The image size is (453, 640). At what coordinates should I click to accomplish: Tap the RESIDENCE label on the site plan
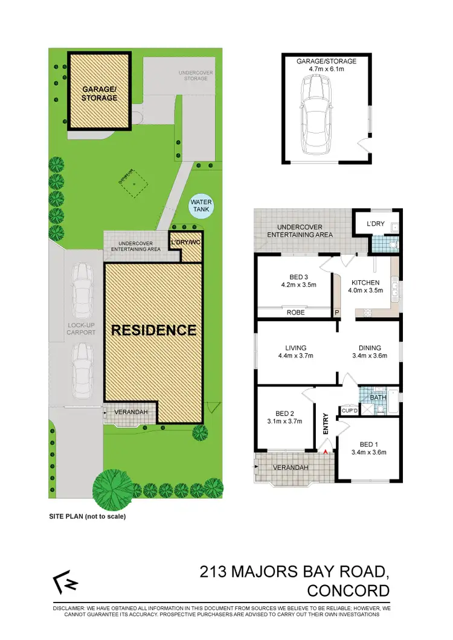pyautogui.click(x=153, y=330)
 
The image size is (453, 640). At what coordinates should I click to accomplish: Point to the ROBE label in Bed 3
pyautogui.click(x=295, y=313)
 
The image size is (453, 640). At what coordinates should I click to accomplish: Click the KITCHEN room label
pyautogui.click(x=365, y=283)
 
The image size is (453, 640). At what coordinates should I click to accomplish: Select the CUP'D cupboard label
pyautogui.click(x=350, y=411)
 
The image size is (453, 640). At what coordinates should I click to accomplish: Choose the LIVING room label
pyautogui.click(x=296, y=348)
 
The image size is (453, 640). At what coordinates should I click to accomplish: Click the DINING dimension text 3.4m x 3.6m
pyautogui.click(x=369, y=356)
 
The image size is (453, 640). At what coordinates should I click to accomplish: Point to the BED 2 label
pyautogui.click(x=283, y=413)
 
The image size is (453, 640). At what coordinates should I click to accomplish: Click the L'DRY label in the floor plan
pyautogui.click(x=376, y=224)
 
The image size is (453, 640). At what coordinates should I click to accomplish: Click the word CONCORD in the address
pyautogui.click(x=348, y=590)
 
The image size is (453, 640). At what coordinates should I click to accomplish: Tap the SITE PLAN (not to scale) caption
pyautogui.click(x=87, y=517)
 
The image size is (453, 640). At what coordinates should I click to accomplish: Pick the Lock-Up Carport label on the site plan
pyautogui.click(x=82, y=328)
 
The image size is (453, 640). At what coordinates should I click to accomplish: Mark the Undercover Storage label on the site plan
pyautogui.click(x=196, y=75)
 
